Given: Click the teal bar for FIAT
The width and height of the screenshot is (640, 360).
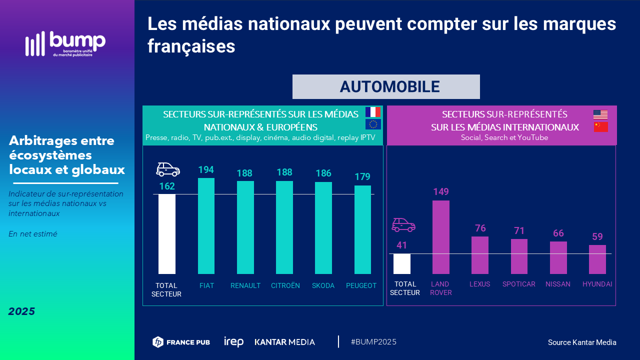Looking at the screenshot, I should [x=206, y=226].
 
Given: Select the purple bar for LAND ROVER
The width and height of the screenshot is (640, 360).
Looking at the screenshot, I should [x=441, y=237].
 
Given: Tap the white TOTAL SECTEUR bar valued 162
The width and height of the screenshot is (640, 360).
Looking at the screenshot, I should [x=167, y=234].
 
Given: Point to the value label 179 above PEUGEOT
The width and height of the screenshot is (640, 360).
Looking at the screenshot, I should [x=362, y=177].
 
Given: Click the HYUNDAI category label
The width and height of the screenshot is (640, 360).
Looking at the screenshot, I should [x=597, y=284].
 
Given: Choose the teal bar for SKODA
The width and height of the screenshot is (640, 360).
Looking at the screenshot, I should [x=323, y=228].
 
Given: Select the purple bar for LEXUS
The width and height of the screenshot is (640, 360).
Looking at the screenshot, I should [x=480, y=255].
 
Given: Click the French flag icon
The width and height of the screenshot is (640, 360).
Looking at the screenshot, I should [x=373, y=112].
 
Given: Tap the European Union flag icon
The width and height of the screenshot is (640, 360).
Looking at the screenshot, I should [x=373, y=124].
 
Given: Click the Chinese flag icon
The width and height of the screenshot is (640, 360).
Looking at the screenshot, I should [x=600, y=126].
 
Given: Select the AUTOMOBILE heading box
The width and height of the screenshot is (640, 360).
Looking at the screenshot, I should [x=386, y=86].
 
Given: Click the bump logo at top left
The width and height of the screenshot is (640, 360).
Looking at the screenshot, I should [x=65, y=44].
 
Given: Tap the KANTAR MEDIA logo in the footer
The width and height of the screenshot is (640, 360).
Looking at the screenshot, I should [x=285, y=342].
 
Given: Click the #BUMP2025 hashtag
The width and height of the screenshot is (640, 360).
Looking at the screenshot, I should [x=373, y=342].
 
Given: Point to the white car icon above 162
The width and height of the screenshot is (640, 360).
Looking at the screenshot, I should [x=168, y=169].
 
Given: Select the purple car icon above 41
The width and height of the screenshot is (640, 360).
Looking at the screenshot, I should [x=403, y=225].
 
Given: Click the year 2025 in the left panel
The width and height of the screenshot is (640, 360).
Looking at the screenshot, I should [x=22, y=311].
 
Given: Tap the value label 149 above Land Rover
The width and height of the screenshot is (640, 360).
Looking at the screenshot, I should [x=441, y=191].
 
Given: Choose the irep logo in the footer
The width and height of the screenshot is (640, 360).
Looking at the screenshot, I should [x=233, y=342].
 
